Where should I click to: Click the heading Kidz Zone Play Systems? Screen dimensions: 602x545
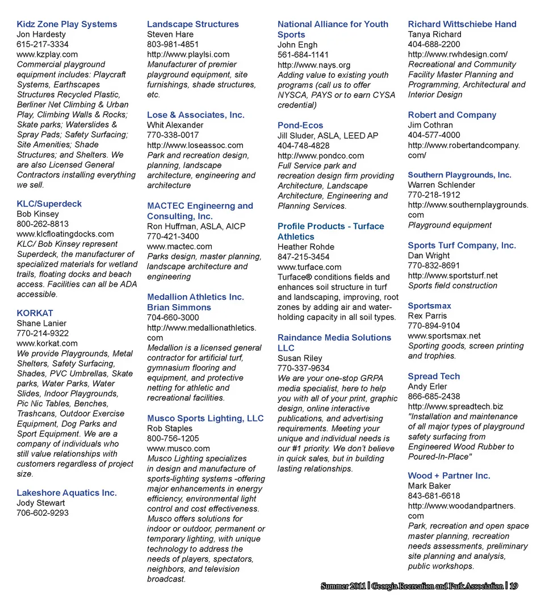[x=67, y=24]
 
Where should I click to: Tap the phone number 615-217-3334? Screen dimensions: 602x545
[x=43, y=44]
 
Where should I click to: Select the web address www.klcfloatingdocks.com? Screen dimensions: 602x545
[x=65, y=234]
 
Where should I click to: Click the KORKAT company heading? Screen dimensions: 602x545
[x=35, y=313]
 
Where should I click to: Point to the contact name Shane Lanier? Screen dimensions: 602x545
[x=41, y=323]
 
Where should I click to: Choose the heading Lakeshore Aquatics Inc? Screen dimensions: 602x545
[x=66, y=493]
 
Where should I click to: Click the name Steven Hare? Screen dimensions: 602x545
[x=170, y=35]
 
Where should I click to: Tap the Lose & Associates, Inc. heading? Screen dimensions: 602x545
[x=196, y=115]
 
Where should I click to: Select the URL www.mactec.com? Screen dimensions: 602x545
[x=179, y=246]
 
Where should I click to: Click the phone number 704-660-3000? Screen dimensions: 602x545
[x=173, y=318]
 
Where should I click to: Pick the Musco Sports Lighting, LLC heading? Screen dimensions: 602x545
[x=206, y=419]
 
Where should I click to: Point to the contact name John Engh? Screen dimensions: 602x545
[x=297, y=45]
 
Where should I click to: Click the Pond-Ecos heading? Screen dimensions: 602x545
[x=300, y=125]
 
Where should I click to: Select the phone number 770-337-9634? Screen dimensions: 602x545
[x=303, y=368]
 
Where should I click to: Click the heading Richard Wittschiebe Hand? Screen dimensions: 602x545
[x=462, y=24]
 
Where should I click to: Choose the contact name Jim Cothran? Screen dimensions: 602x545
[x=430, y=125]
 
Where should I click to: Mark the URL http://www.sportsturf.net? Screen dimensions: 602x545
[x=452, y=276]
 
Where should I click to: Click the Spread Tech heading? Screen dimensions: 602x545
[x=434, y=377]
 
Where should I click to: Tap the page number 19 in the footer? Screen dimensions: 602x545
[x=513, y=586]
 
